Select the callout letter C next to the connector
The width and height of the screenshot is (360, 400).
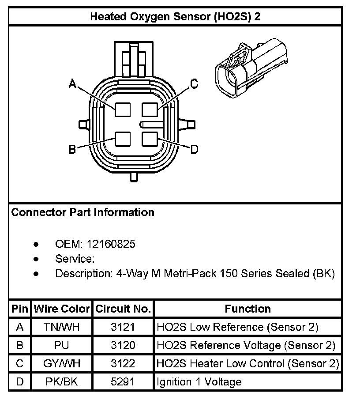pos(193,84)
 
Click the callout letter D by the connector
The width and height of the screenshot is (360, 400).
pos(194,150)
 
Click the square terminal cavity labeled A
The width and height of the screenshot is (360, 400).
pos(122,109)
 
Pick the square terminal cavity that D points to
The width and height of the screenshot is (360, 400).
pos(150,139)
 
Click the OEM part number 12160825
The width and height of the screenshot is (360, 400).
pos(111,244)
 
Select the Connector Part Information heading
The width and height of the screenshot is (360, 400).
pos(83,212)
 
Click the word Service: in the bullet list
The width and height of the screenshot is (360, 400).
pos(75,259)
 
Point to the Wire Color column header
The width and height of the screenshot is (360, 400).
pos(62,309)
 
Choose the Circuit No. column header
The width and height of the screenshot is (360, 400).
pos(123,309)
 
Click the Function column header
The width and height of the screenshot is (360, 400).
pos(247,309)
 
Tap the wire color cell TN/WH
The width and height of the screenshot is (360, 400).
pos(62,327)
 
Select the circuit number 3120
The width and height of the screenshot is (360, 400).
pos(123,345)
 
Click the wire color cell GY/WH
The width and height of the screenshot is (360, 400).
pos(62,364)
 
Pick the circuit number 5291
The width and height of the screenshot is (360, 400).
pos(123,382)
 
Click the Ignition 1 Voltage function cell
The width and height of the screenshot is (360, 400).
pos(199,382)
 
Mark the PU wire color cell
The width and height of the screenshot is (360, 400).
pos(62,345)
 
